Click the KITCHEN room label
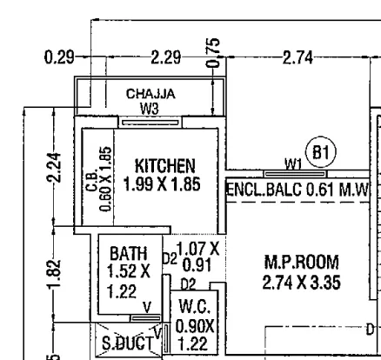165,166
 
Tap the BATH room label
129,253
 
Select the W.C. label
195,307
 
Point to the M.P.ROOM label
302,263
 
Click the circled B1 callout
321,152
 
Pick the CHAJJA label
150,94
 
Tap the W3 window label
150,109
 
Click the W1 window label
293,164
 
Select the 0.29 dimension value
59,57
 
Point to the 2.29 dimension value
166,57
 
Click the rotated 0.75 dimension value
213,52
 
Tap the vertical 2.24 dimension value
54,167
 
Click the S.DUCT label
128,343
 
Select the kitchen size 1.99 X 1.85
162,184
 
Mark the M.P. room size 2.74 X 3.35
302,283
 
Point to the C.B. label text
91,180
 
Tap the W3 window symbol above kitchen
150,123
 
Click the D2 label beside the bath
170,259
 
